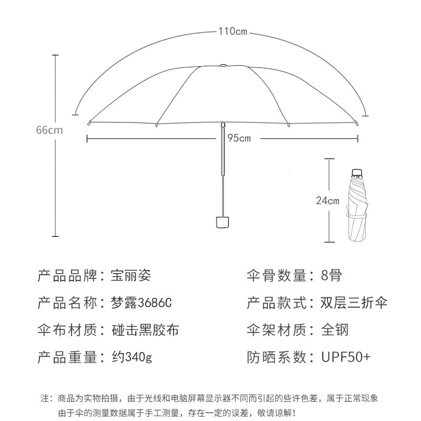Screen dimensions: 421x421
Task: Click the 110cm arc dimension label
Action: pyautogui.click(x=233, y=32)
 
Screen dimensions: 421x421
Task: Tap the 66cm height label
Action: pyautogui.click(x=49, y=130)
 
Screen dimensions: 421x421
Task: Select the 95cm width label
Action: pyautogui.click(x=239, y=138)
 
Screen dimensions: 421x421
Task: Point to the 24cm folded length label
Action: pyautogui.click(x=327, y=201)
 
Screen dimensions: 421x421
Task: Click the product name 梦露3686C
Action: pyautogui.click(x=141, y=303)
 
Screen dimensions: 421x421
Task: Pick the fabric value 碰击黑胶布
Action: pyautogui.click(x=145, y=330)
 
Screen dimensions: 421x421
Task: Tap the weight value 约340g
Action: pyautogui.click(x=132, y=358)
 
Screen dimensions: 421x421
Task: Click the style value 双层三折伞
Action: pyautogui.click(x=354, y=303)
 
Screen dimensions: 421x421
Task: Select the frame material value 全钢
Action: pyautogui.click(x=335, y=330)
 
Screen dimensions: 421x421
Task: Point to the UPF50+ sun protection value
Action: pyautogui.click(x=346, y=358)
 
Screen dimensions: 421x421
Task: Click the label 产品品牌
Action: pyautogui.click(x=67, y=275)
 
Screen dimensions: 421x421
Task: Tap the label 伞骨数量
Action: pyautogui.click(x=277, y=275)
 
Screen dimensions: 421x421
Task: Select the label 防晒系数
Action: pyautogui.click(x=277, y=358)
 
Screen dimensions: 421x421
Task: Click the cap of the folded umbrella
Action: pyautogui.click(x=357, y=172)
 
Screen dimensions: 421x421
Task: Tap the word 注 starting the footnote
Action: pyautogui.click(x=44, y=397)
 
